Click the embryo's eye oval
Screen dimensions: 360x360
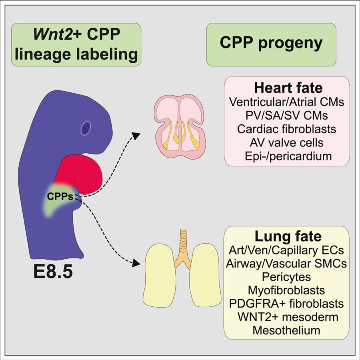[86, 128]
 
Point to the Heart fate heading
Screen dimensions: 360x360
[287, 88]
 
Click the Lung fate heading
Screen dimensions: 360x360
[287, 237]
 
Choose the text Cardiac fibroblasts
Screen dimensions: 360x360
[287, 129]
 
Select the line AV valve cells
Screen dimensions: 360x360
[287, 142]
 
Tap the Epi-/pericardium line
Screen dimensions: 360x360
[287, 156]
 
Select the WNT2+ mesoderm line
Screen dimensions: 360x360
[286, 317]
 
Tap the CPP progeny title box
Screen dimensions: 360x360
[270, 44]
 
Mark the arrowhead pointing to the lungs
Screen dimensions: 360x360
[137, 263]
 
